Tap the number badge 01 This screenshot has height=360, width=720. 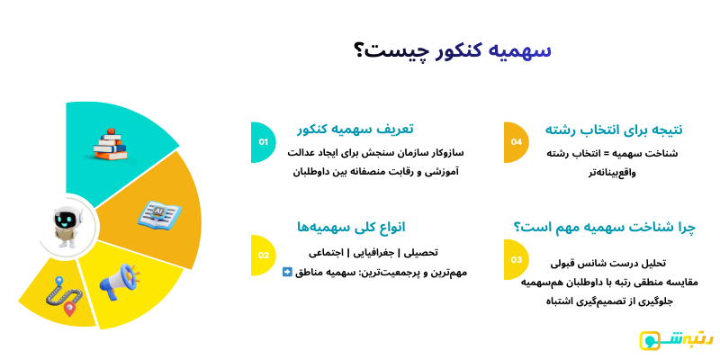(263, 142)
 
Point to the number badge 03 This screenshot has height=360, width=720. (516, 260)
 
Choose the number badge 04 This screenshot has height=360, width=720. (516, 142)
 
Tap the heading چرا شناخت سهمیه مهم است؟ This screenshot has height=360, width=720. (605, 226)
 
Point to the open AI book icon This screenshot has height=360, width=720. (159, 213)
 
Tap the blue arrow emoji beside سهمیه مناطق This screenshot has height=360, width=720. (287, 272)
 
